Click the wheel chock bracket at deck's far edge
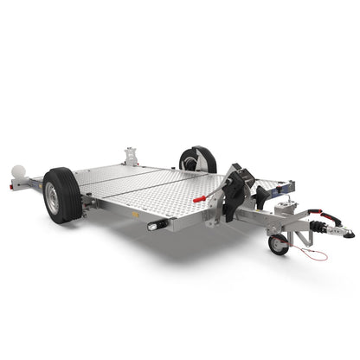[x=132, y=157]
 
